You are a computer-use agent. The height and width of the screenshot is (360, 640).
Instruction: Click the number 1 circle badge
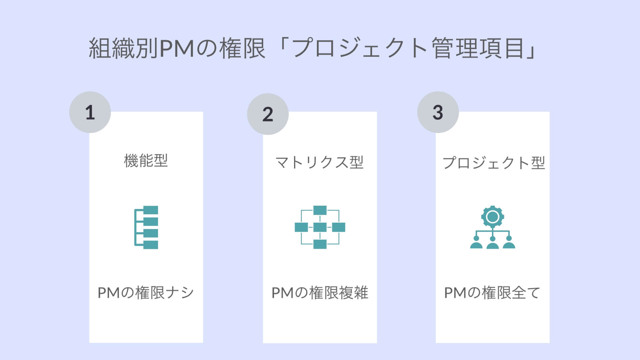pos(90,112)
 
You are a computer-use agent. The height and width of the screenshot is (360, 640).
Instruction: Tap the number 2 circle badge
pos(268,114)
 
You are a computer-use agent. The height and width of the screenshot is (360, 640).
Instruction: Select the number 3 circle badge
pos(438,112)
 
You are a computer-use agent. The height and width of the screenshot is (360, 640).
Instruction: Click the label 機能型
pos(146,161)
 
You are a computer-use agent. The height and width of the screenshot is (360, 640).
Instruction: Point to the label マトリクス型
pos(319,163)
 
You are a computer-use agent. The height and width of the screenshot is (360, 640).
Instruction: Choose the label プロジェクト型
pos(493,163)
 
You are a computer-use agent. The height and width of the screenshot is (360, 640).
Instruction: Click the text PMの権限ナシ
pos(146,293)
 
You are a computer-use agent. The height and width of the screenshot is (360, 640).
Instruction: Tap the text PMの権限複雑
pos(320,293)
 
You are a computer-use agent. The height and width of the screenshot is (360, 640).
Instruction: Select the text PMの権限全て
pos(492,293)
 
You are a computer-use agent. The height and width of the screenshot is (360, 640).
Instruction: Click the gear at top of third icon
pos(492,217)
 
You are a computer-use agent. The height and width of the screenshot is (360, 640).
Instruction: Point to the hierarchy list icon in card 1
pos(146,227)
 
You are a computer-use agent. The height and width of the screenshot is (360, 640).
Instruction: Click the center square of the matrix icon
pos(320,227)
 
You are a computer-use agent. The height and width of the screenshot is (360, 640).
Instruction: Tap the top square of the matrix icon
pos(320,210)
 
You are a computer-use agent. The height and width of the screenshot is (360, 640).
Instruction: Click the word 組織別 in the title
pos(123,49)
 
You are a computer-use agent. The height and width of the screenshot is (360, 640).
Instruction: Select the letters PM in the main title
pos(177,49)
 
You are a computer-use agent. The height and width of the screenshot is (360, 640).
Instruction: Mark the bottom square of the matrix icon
pos(320,244)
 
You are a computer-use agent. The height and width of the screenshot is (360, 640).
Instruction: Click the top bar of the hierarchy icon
pos(150,210)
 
